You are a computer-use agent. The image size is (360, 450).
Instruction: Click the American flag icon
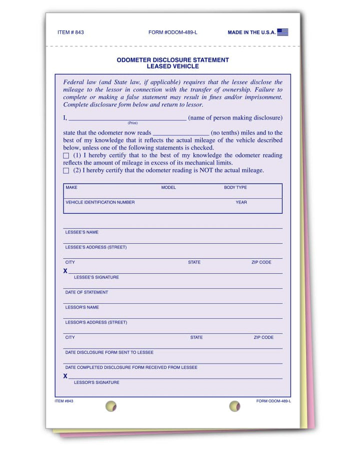tap(282, 32)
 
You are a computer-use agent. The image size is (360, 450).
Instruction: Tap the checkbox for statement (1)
tap(66, 156)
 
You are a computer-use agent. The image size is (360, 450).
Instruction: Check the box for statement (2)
tap(66, 170)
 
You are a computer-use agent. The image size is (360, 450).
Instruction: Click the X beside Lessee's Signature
tap(65, 271)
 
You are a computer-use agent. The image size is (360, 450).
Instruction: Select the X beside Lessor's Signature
tap(65, 376)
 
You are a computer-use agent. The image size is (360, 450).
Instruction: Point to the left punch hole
tap(110, 406)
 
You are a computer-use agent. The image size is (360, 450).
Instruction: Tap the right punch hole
tap(234, 406)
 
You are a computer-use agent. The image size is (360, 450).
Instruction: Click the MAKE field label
tap(71, 187)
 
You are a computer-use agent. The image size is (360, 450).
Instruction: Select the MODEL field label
tap(168, 187)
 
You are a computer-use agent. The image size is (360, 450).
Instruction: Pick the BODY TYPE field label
tap(235, 187)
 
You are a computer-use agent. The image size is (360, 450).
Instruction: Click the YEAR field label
tap(241, 202)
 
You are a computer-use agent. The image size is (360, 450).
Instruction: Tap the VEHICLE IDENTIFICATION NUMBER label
tap(100, 202)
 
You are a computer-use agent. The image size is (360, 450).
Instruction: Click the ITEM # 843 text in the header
tap(70, 32)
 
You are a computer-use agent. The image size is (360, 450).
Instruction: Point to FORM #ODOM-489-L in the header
tap(173, 32)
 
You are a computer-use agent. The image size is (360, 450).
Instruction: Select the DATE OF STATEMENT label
tap(86, 292)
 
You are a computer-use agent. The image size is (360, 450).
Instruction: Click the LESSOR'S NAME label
tap(82, 307)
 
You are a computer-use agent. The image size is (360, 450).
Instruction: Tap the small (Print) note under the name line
tap(132, 123)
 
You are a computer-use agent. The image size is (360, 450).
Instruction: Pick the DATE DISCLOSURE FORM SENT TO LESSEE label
tap(109, 352)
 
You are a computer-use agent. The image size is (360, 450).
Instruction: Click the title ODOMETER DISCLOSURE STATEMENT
tap(173, 60)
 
